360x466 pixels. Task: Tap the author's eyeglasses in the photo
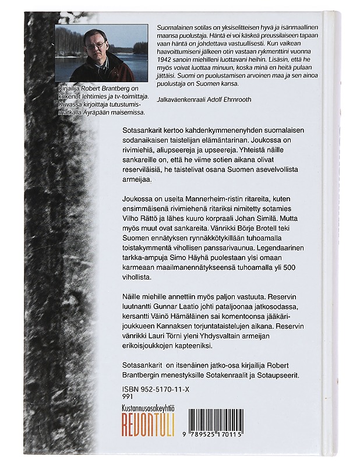[x=96, y=44]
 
